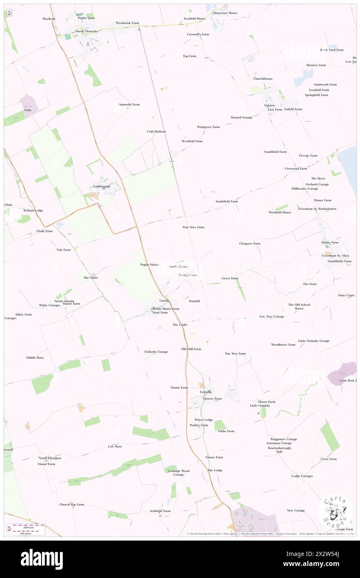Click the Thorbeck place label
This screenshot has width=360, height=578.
pyautogui.click(x=48, y=19)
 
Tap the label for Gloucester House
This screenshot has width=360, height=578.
pyautogui.click(x=225, y=13)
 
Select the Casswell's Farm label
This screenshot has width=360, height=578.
pyautogui.click(x=198, y=34)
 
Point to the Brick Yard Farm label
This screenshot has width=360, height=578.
pyautogui.click(x=332, y=50)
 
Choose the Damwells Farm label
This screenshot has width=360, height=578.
pyautogui.click(x=129, y=104)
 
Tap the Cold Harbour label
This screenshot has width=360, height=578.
pyautogui.click(x=156, y=131)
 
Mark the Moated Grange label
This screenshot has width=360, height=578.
pyautogui.click(x=242, y=117)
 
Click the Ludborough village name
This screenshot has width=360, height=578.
pyautogui.click(x=102, y=186)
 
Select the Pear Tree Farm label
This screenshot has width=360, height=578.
pyautogui.click(x=193, y=227)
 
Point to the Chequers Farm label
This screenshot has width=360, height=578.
pyautogui.click(x=250, y=243)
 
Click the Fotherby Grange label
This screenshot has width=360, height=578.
pyautogui.click(x=156, y=352)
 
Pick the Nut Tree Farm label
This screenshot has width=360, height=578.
pyautogui.click(x=235, y=353)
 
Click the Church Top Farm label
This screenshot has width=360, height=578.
pyautogui.click(x=72, y=504)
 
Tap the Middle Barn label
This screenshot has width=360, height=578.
pyautogui.click(x=35, y=358)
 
